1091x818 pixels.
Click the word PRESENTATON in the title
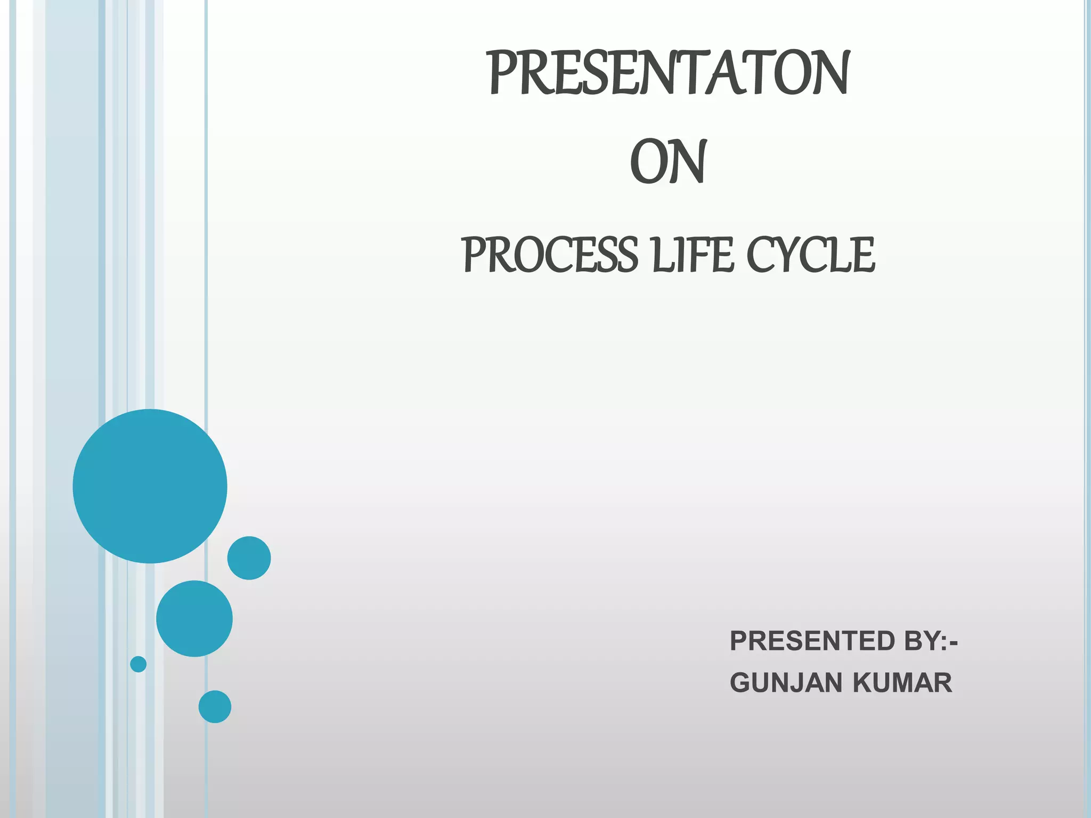click(669, 73)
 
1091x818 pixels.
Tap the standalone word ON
click(668, 162)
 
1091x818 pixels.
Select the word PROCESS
click(549, 255)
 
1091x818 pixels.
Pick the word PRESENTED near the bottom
click(812, 641)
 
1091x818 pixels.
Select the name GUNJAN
click(786, 683)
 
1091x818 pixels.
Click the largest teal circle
click(150, 486)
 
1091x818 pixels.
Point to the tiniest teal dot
click(139, 664)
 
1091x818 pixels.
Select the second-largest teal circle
click(194, 618)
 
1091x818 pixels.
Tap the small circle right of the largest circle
click(249, 558)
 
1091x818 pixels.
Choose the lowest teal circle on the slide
click(215, 707)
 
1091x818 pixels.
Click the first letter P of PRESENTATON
click(502, 73)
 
